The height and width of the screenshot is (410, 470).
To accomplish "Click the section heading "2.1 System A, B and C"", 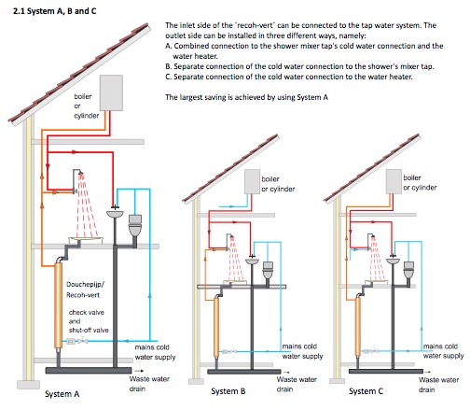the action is tap(54, 11).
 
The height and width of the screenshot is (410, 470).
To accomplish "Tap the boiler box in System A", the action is tap(111, 92).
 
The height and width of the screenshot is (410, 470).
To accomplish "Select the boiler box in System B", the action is tap(252, 182).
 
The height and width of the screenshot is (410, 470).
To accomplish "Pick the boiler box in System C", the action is tap(394, 181).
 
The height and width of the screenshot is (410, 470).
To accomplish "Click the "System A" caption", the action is tap(62, 394).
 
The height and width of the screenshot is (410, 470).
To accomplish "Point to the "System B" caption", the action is tap(228, 391).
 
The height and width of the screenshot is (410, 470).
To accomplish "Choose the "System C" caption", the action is tap(366, 391).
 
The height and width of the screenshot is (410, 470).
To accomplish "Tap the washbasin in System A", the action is tap(115, 214).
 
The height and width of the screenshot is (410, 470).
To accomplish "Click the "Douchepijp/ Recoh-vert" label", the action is tap(85, 290).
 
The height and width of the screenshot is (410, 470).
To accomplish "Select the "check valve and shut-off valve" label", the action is tap(89, 321).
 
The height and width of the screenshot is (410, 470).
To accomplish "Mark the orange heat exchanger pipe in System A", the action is tap(58, 305).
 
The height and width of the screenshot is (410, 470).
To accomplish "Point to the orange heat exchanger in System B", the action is tap(216, 328).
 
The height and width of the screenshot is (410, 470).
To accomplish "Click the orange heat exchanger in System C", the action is tap(358, 327).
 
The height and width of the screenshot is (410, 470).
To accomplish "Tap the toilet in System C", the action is tap(408, 270).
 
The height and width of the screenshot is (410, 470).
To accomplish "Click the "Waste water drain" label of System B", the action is tap(297, 384).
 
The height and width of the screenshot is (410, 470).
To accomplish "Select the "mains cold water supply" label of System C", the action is tap(443, 351).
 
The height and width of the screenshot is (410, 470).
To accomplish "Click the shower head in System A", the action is tap(80, 172).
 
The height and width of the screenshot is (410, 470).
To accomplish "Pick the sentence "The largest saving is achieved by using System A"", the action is tap(246, 97).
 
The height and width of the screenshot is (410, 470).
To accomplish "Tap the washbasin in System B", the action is tap(252, 262).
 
